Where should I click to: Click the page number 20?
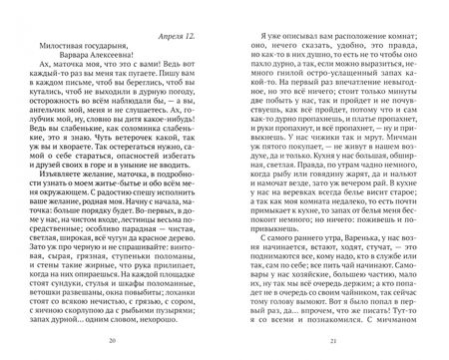(111, 348)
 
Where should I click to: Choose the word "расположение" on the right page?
(332, 34)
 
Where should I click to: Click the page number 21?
(337, 348)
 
